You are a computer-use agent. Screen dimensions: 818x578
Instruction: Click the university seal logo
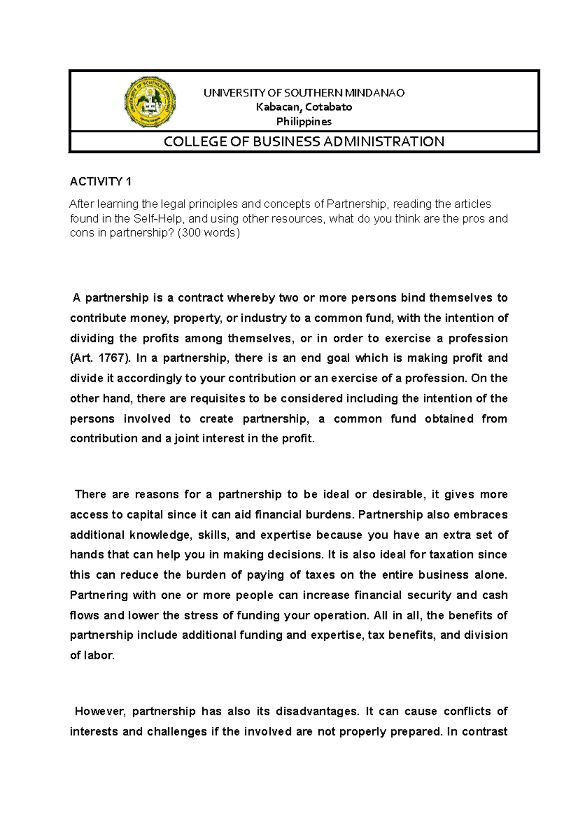point(150,102)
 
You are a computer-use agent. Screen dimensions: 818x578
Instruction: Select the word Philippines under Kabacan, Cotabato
point(303,121)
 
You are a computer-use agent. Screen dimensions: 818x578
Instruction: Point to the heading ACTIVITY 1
point(100,182)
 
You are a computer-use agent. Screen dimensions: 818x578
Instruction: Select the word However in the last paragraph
point(100,711)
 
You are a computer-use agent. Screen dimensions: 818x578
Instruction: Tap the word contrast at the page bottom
point(484,731)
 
